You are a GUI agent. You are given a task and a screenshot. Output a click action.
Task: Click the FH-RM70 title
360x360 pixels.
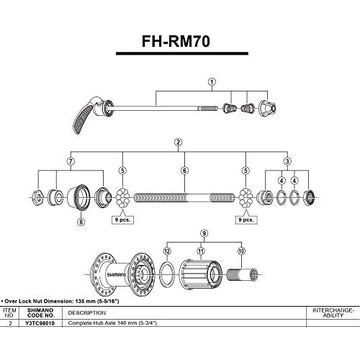(x=176, y=41)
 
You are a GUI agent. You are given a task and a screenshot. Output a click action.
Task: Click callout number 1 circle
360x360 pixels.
(x=212, y=82)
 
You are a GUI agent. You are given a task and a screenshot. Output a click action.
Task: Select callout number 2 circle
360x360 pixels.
(x=178, y=143)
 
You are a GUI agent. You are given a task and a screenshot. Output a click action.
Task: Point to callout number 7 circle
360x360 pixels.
(x=71, y=161)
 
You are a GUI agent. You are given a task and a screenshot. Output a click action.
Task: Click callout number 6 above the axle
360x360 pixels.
(x=184, y=171)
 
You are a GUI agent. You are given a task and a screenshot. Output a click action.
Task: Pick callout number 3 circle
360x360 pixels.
(x=287, y=161)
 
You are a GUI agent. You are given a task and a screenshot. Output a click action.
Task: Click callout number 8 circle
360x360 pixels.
(x=81, y=222)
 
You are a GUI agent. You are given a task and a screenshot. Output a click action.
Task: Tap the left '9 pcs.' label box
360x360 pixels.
(x=122, y=220)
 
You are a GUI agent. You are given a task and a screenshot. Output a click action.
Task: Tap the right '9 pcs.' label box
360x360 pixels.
(x=246, y=220)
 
